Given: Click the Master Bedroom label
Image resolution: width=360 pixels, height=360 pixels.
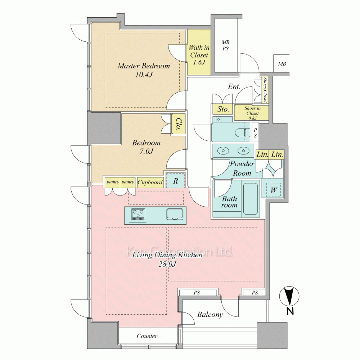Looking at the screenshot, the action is coord(144,66).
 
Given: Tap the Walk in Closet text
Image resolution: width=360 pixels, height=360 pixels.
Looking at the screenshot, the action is coord(199,51).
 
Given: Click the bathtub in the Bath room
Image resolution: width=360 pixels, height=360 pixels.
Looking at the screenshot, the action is coord(250,198).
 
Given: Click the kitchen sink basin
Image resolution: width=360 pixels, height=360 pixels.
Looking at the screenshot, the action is coord(175,214).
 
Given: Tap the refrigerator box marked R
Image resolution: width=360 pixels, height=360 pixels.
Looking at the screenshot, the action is coord(175,181).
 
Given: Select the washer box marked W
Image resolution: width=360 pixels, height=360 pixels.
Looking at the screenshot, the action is coord(274,190).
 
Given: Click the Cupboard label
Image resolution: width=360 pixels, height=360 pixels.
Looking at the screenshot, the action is coord(150,182).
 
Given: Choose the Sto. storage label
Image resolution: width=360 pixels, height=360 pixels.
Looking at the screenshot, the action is coord(223,109).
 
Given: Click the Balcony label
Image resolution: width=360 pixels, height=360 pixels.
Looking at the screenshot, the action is coord(210,314).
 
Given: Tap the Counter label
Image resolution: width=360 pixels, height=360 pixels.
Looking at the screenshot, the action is coord(147,336).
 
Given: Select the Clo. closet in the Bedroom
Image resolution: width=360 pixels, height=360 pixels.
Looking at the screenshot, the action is coord(179,124).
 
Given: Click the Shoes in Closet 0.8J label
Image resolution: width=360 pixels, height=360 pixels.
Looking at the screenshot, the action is coord(252,113).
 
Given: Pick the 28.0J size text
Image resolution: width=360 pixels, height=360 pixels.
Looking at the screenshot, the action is coord(167,264).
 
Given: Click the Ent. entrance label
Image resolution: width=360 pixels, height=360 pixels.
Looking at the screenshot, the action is coord(234,86).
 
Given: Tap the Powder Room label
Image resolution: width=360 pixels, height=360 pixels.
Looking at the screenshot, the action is coord(242,168).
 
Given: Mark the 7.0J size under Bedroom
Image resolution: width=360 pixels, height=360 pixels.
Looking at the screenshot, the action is coord(147,151).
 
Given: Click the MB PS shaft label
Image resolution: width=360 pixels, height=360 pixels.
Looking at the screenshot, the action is coord(225,45).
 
